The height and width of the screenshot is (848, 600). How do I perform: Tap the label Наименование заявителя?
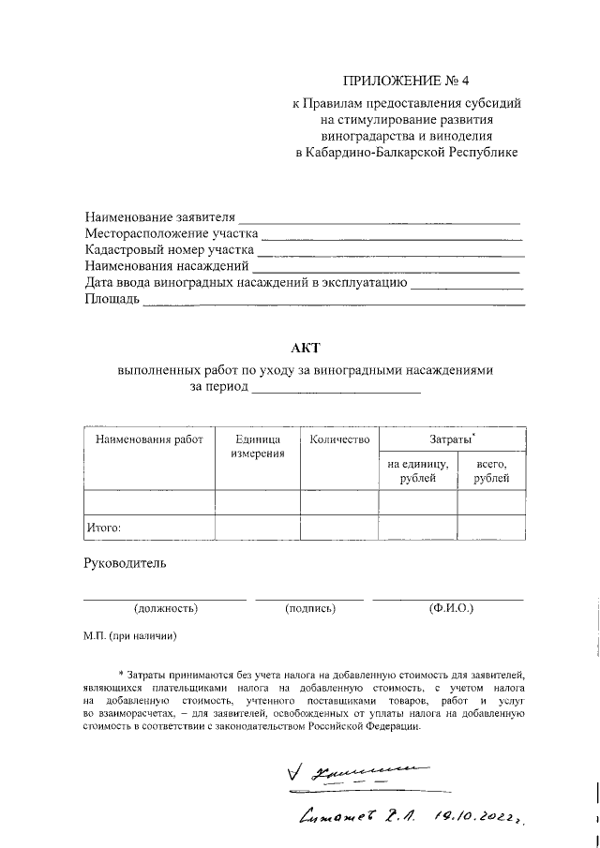[x=159, y=217]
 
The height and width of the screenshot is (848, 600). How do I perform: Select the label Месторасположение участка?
[x=171, y=233]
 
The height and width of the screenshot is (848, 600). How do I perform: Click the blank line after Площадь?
[x=333, y=302]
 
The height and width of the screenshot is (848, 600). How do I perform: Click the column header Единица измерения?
[x=258, y=447]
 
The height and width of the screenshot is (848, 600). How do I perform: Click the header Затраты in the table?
[x=451, y=439]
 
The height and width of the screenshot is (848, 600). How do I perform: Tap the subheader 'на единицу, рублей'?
[x=417, y=471]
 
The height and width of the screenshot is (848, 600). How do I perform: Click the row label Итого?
[x=103, y=528]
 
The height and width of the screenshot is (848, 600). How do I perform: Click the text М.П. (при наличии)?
[x=129, y=636]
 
